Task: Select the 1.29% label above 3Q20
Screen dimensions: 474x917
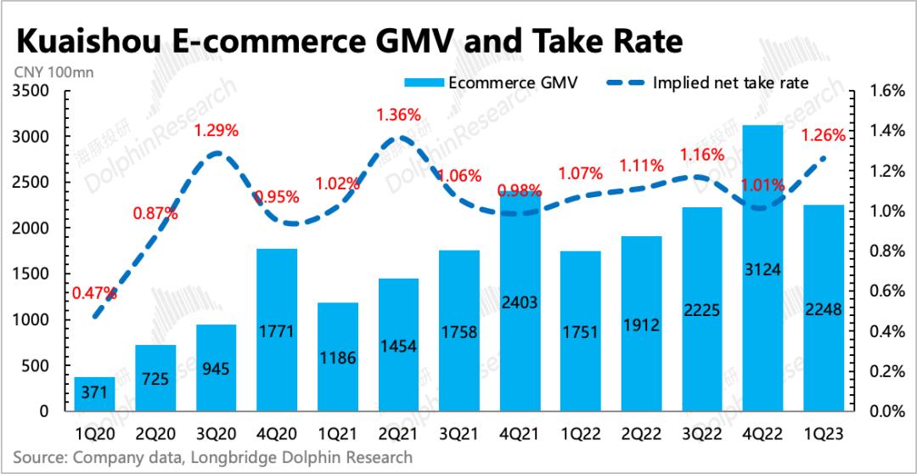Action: (217, 131)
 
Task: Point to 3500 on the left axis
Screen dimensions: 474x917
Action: (32, 91)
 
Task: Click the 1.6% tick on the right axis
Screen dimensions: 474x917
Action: (880, 91)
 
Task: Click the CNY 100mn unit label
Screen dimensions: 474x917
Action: (53, 72)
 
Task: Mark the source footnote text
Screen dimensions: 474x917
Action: (212, 458)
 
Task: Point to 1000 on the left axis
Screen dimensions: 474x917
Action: (32, 320)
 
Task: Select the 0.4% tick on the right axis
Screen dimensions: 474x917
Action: (880, 331)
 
